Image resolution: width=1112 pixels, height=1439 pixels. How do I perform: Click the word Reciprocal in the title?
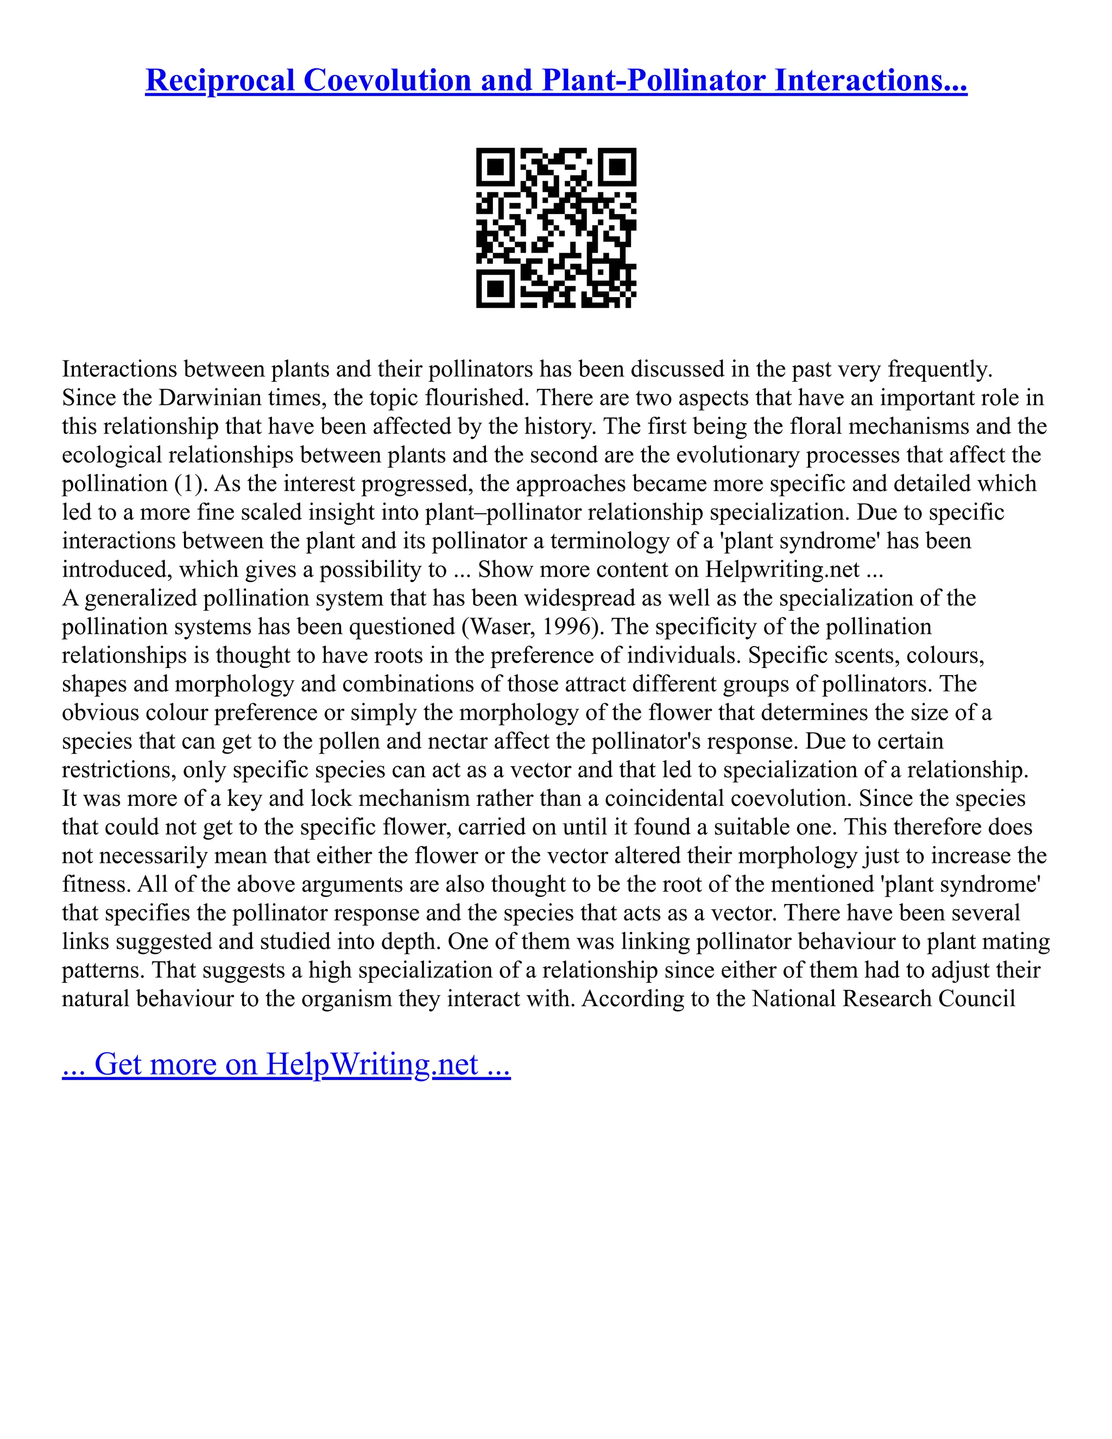220,80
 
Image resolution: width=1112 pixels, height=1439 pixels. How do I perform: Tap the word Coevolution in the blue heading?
387,80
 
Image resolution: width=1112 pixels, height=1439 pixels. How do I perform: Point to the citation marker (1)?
191,484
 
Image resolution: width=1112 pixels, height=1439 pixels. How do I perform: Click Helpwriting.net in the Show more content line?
782,569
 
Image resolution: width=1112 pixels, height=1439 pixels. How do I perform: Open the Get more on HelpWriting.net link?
286,1064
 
